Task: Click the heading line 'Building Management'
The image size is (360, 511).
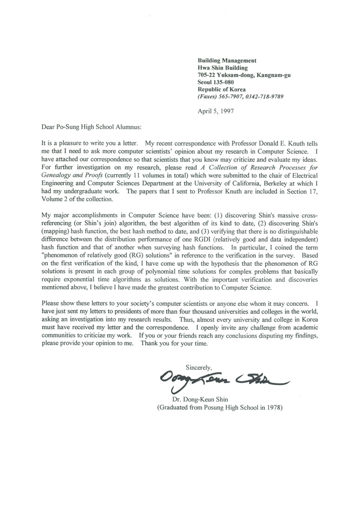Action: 227,61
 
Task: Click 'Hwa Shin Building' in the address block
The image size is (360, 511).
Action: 223,68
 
